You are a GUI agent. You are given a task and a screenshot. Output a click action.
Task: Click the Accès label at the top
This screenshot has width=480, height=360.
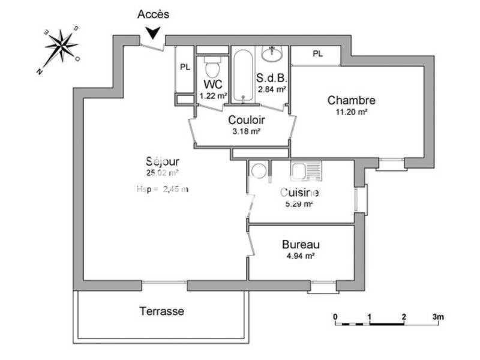[154, 14]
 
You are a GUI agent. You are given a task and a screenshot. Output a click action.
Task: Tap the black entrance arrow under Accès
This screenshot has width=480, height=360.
[155, 34]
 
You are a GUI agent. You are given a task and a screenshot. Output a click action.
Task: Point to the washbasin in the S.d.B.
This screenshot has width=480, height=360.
[274, 54]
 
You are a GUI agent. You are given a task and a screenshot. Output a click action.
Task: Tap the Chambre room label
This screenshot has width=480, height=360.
[352, 100]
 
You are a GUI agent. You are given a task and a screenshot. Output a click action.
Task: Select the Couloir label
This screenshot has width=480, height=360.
[245, 120]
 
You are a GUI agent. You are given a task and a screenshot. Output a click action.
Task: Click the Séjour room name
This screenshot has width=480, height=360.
[163, 161]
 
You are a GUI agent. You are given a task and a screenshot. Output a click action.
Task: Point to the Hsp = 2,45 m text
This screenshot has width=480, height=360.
[163, 189]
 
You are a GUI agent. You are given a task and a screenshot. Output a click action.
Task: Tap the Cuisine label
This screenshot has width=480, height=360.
[299, 193]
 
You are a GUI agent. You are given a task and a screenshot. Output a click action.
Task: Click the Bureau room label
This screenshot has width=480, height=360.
[301, 245]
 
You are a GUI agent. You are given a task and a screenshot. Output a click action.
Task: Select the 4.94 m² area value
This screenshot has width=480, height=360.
[301, 256]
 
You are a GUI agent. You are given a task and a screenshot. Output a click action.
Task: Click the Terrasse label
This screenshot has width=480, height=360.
[161, 311]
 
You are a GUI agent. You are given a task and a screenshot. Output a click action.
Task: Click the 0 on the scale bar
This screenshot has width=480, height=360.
[335, 316]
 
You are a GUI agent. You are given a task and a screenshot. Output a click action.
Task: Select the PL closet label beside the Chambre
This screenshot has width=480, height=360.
[317, 55]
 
